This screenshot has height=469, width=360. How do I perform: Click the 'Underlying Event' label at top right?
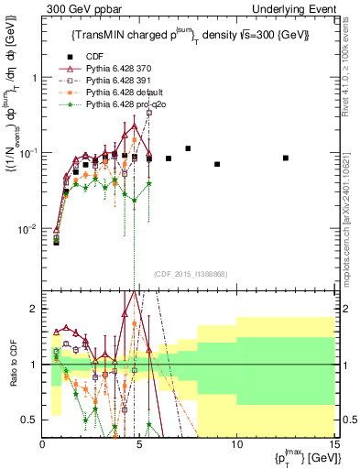(299, 8)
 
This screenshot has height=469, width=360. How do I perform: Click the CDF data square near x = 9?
(217, 164)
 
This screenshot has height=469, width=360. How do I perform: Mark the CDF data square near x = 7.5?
(188, 148)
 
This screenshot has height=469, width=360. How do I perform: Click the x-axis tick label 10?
(236, 443)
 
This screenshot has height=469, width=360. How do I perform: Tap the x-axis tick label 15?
(333, 443)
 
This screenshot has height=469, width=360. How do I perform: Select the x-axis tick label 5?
(139, 443)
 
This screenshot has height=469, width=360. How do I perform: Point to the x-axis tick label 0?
(43, 443)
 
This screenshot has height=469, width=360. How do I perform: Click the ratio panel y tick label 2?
(33, 310)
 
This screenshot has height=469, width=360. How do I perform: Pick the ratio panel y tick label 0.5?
(29, 420)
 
